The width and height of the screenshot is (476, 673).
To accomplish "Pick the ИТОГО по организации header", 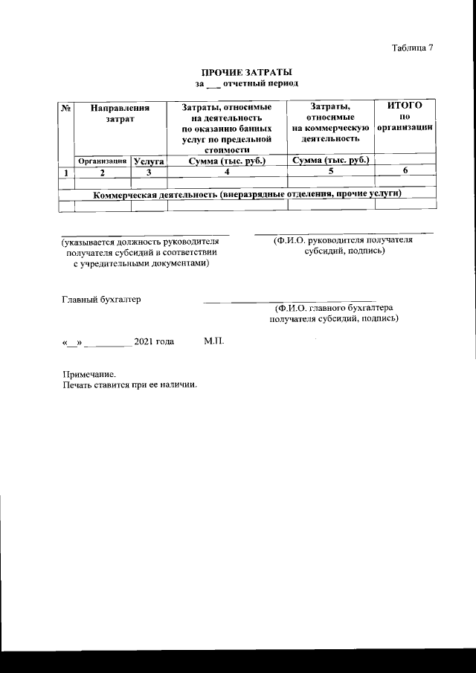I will tap(405, 117).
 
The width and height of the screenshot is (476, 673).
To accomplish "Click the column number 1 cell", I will tap(66, 173).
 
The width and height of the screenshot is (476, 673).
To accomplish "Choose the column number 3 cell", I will tap(149, 173).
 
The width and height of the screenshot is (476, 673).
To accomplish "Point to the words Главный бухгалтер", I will tap(100, 300).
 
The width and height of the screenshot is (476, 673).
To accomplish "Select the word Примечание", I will tap(90, 375).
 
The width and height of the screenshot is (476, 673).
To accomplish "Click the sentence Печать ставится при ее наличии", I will tap(129, 385).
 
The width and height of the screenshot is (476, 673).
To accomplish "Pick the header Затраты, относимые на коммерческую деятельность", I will tap(332, 123).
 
